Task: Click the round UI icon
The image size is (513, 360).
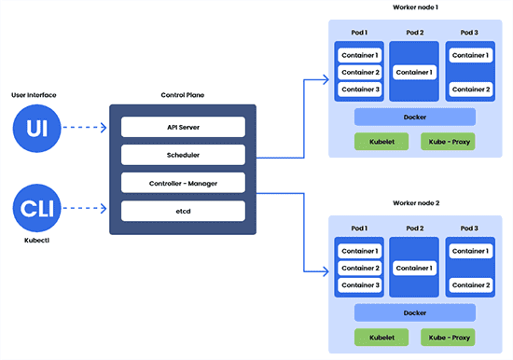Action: tap(35, 128)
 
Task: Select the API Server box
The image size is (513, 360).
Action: tap(183, 127)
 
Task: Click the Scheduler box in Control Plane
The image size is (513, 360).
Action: tap(183, 154)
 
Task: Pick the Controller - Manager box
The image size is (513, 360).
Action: tap(183, 182)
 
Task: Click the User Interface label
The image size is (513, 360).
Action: tap(35, 94)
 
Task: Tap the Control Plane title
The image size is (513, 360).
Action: tap(182, 94)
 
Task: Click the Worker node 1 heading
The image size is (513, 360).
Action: tap(414, 7)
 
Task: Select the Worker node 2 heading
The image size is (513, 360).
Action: tap(414, 203)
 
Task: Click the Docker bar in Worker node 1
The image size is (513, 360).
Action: tap(415, 118)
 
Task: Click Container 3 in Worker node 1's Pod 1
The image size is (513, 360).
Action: tap(359, 90)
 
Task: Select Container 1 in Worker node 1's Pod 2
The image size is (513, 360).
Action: tap(414, 72)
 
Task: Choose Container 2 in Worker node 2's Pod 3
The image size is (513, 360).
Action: tap(469, 284)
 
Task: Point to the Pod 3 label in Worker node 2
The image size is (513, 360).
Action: tap(469, 228)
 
